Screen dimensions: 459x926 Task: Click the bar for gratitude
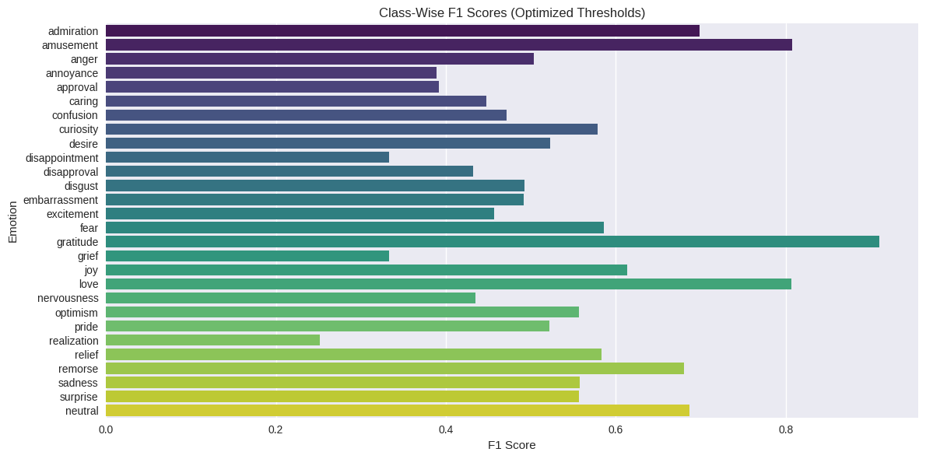(492, 242)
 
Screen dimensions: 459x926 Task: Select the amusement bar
(448, 45)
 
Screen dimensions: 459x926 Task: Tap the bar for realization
(212, 340)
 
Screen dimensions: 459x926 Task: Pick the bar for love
(448, 284)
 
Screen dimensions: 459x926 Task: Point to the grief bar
(247, 256)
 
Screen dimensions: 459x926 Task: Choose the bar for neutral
(397, 410)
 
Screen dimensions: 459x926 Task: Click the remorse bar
(395, 368)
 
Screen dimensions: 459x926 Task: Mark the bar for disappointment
(247, 157)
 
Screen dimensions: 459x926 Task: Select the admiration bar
(402, 31)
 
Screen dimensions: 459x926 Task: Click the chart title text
(511, 12)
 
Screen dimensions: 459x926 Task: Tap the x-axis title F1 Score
(511, 445)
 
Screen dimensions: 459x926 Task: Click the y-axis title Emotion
(12, 221)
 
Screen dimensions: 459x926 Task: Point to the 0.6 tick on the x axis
(616, 429)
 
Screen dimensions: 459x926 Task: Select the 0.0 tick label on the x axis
(106, 429)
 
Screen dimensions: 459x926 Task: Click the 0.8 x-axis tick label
(786, 429)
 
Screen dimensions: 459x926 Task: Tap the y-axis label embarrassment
(61, 200)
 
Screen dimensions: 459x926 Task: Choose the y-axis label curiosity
(79, 129)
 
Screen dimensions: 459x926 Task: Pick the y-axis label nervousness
(68, 298)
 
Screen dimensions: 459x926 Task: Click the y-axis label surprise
(79, 397)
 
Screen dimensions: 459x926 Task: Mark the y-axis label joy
(91, 270)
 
